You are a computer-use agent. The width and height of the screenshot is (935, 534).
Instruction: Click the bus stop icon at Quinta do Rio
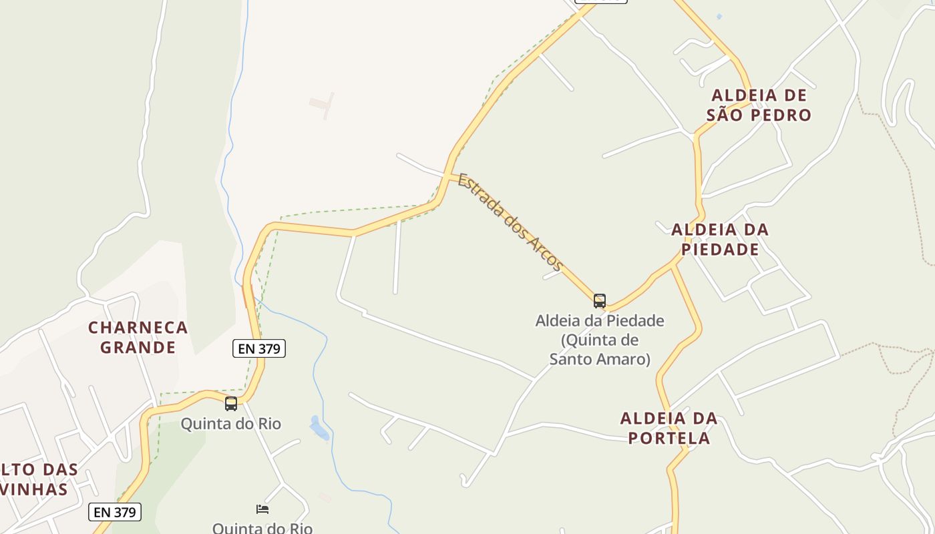231,404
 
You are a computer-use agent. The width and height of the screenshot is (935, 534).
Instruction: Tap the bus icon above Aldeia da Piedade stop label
600,301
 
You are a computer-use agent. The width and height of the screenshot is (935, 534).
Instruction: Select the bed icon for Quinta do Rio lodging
262,509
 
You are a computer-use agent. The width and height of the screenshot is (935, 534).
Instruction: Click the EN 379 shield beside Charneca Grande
259,348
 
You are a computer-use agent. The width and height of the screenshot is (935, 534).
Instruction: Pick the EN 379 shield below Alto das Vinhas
115,512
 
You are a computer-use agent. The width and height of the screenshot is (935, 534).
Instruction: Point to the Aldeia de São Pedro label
759,105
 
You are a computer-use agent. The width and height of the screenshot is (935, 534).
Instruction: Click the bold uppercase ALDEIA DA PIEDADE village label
720,240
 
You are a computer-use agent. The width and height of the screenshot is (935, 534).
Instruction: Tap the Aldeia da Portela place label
669,428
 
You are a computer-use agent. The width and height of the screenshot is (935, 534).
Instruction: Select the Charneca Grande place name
138,337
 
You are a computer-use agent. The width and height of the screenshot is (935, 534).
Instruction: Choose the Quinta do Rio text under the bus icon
231,424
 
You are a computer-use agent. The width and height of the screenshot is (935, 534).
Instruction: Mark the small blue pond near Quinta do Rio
319,428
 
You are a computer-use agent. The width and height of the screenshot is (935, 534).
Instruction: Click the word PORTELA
669,438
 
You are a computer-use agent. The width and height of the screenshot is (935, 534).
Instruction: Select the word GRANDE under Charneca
138,347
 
